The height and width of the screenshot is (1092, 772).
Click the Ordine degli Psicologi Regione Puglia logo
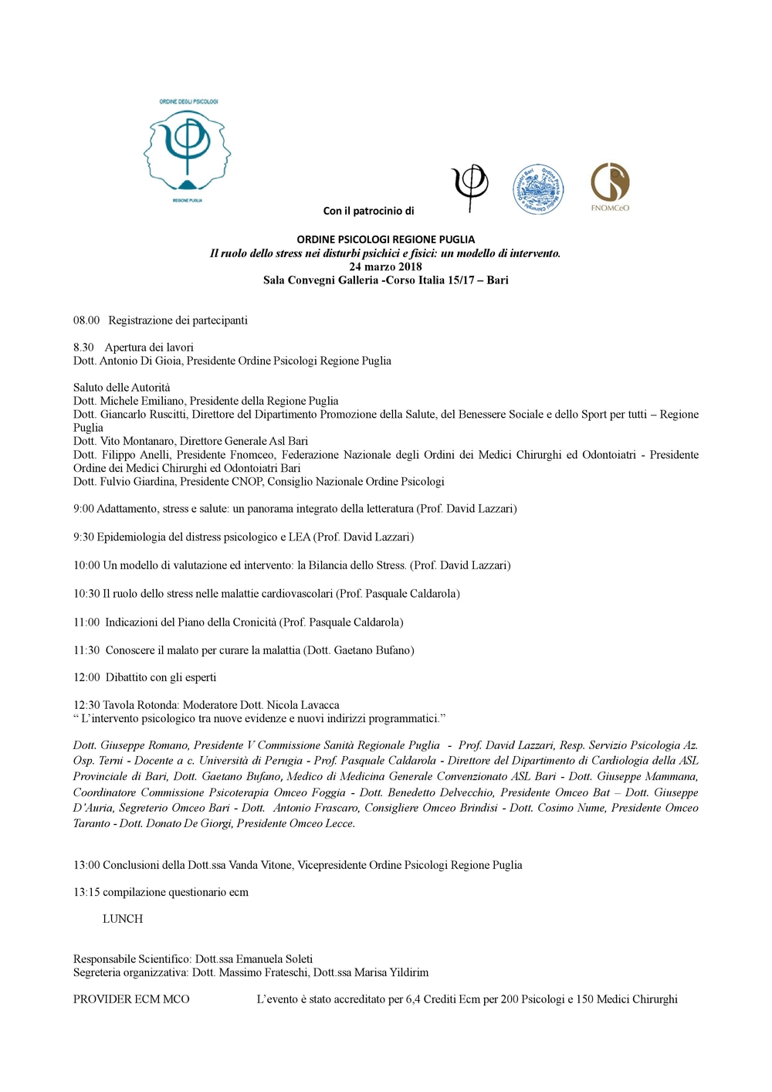(187, 150)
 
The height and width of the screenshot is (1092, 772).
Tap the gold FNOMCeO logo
(610, 186)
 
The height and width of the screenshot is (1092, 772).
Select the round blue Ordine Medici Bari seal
(538, 189)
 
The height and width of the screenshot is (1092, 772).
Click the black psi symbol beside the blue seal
(470, 187)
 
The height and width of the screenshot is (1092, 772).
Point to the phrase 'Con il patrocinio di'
(368, 211)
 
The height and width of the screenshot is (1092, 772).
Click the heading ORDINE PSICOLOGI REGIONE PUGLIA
(385, 239)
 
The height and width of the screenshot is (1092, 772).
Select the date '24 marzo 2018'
(385, 266)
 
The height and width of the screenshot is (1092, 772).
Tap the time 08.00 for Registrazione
(86, 320)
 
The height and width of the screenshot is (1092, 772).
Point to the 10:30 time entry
(86, 594)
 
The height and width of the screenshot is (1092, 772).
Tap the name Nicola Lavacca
(303, 705)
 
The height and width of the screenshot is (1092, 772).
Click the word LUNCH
(123, 919)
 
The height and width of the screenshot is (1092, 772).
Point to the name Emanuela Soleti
(274, 959)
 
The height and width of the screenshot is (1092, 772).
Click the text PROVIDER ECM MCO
(131, 999)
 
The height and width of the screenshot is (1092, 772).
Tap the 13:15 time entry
(86, 892)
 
